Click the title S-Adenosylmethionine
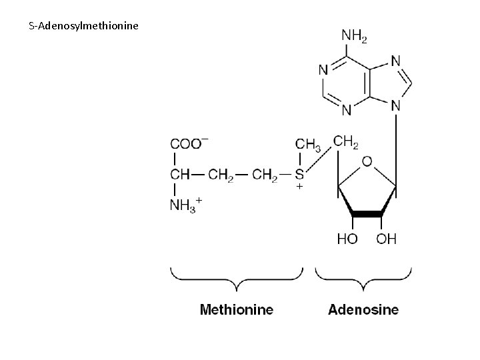click(84, 27)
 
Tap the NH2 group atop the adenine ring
click(353, 35)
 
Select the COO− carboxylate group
click(189, 143)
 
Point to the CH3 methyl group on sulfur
click(309, 144)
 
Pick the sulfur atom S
click(300, 175)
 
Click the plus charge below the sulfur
click(300, 188)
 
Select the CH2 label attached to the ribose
click(347, 141)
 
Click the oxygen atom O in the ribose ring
click(367, 161)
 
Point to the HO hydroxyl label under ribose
click(347, 239)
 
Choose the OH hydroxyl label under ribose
click(386, 239)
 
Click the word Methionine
click(237, 309)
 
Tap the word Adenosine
click(363, 309)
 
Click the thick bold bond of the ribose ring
click(367, 214)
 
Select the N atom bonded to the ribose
click(396, 105)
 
